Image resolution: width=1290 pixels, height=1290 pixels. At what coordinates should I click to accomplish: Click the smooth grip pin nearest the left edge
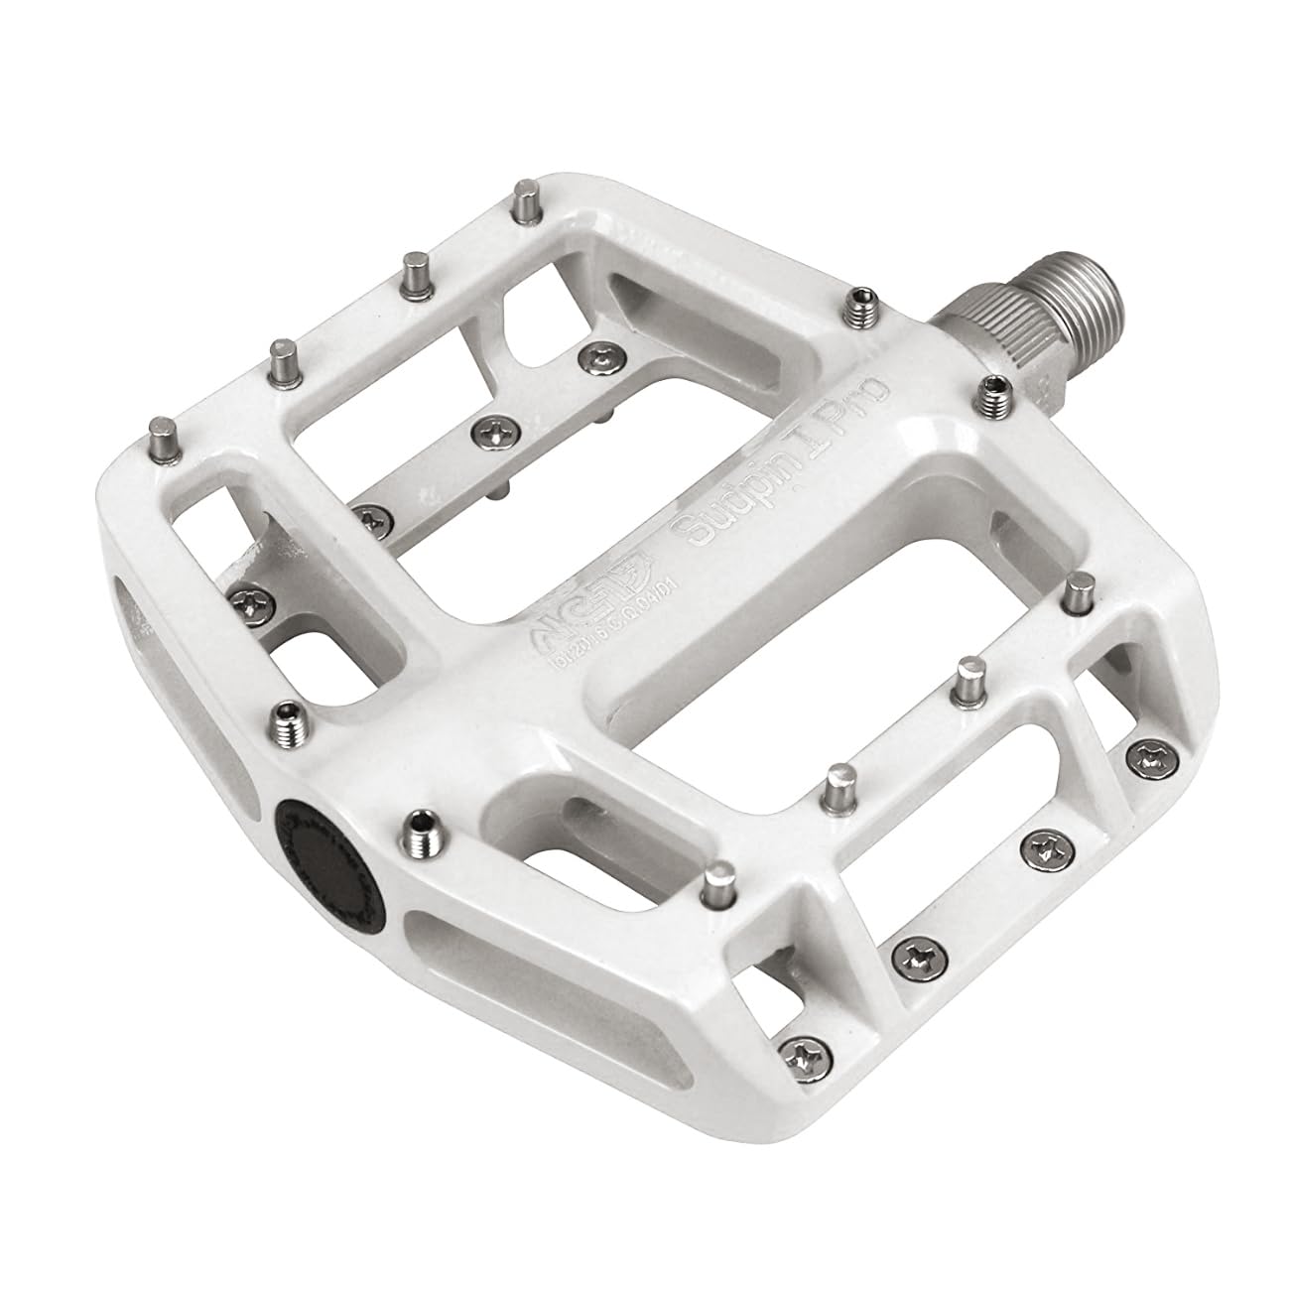coord(161,434)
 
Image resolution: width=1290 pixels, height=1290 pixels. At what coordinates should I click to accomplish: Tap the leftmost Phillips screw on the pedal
coord(244,596)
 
